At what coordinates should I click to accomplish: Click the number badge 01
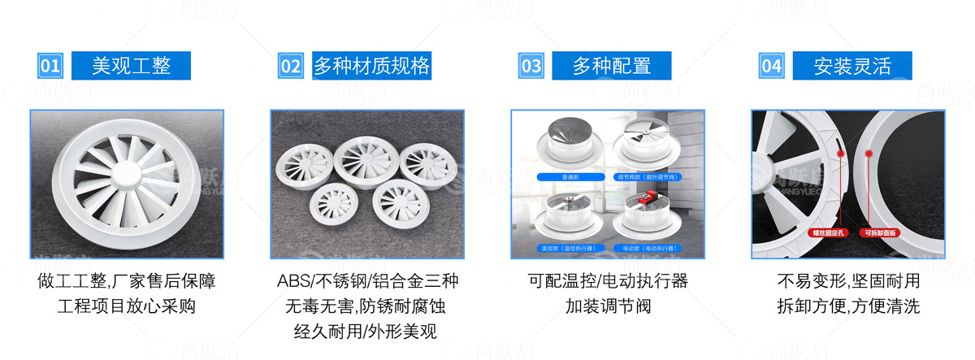[50, 66]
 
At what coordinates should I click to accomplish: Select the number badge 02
[290, 66]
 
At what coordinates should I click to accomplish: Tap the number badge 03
[531, 66]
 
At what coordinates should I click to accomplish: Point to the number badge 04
[771, 66]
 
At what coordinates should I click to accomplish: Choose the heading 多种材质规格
[372, 66]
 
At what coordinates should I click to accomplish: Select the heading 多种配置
[612, 66]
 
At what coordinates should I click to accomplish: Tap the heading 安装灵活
[852, 66]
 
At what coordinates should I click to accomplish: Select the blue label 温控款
[561, 246]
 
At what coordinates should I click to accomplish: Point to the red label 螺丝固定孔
[827, 232]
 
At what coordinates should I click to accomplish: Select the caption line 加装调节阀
[608, 306]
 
